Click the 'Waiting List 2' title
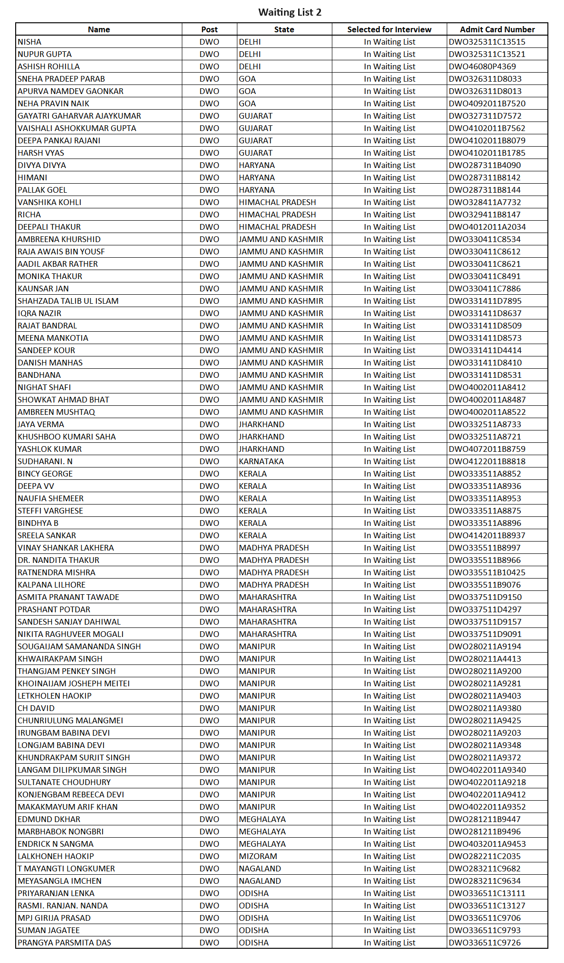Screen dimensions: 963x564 [290, 12]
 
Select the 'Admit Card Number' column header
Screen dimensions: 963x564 [497, 29]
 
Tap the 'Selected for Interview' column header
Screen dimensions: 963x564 [389, 29]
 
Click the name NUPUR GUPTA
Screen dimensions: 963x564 [45, 54]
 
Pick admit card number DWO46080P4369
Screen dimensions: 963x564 [482, 66]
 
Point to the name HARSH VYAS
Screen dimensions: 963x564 [41, 153]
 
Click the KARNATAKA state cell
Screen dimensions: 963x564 [261, 461]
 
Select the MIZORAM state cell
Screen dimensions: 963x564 [258, 856]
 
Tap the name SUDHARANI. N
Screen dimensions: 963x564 [45, 461]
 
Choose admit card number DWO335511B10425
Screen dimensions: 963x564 [487, 572]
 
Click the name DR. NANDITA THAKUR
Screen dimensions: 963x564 [58, 560]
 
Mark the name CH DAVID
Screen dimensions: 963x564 [36, 708]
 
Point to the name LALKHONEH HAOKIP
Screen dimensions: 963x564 [56, 856]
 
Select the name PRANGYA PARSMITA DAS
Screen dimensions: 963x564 [64, 943]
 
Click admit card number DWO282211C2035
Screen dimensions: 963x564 [484, 856]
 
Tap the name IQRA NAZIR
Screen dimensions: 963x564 [39, 313]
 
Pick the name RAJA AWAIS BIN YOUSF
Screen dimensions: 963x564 [61, 252]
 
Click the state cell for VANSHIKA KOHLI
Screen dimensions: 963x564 [277, 202]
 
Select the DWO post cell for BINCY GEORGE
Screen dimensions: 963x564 [209, 474]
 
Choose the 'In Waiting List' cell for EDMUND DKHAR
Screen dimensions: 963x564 [389, 819]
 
